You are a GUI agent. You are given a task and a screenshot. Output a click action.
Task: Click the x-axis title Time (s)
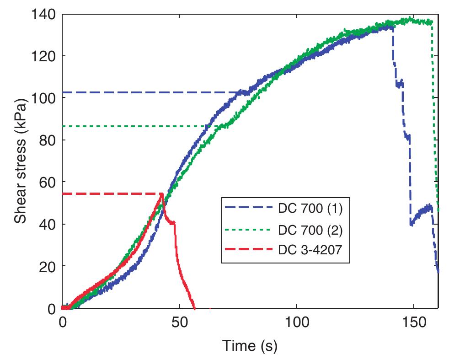(250, 346)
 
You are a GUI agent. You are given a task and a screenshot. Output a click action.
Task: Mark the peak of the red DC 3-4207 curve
(161, 194)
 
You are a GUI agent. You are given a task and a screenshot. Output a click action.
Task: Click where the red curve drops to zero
(195, 308)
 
